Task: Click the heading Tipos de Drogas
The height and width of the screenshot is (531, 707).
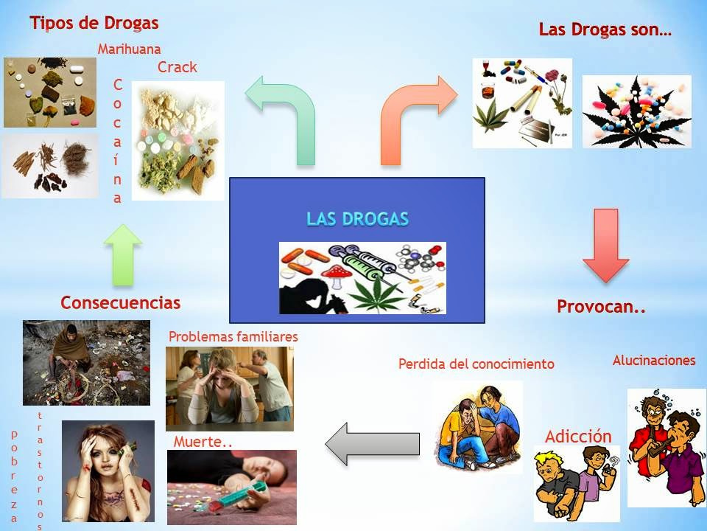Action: tap(94, 23)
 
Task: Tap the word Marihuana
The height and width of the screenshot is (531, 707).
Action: tap(129, 50)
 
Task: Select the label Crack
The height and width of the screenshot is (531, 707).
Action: tap(177, 67)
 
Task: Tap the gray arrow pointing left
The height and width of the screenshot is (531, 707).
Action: tap(372, 444)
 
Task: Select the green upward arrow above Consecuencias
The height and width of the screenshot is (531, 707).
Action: tap(123, 255)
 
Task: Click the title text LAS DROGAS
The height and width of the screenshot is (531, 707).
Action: tap(357, 219)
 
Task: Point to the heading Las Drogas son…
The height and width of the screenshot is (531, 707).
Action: tap(605, 30)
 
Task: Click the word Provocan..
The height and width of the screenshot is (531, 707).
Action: tap(601, 307)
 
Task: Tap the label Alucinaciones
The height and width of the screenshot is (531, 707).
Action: tap(654, 361)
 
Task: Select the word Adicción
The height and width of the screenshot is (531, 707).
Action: tap(578, 436)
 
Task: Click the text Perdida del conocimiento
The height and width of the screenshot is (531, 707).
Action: tap(476, 364)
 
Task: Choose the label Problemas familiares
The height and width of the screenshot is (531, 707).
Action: tap(233, 336)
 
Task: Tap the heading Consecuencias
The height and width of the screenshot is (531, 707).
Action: tap(120, 302)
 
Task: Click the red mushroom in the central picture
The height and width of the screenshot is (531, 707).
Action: tap(334, 274)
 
